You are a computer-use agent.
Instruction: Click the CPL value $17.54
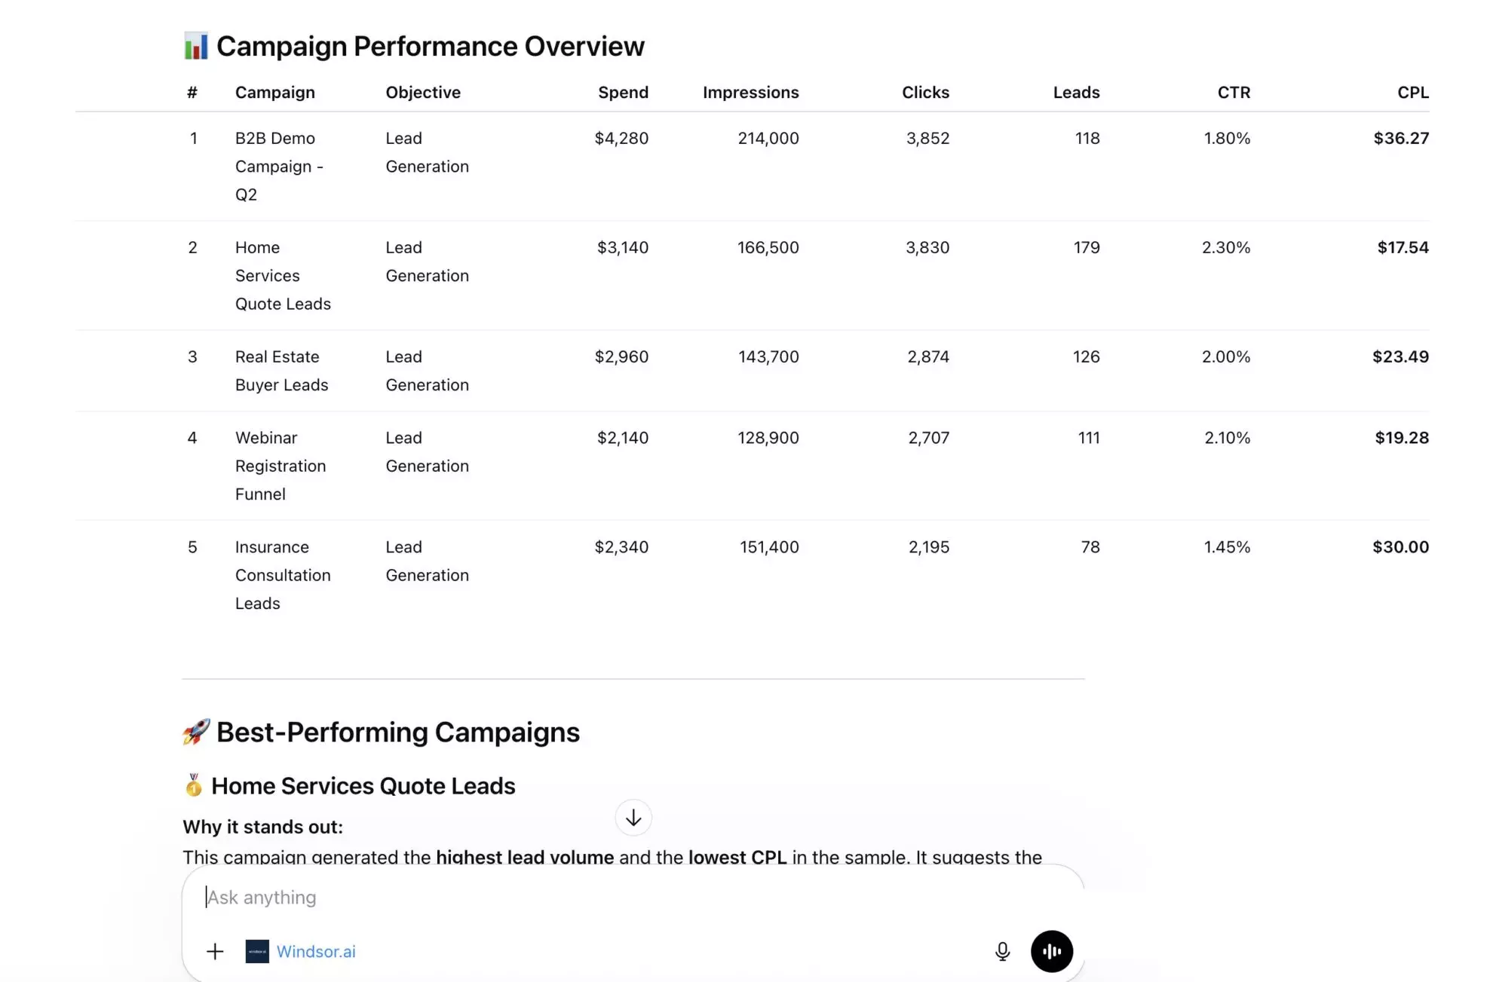pos(1402,247)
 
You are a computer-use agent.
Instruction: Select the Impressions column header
pos(750,92)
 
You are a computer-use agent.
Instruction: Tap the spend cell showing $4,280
pos(621,138)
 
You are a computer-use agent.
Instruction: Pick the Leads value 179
pos(1086,247)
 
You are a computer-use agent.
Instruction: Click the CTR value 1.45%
pos(1226,546)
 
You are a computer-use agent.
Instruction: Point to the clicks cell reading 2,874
pos(927,356)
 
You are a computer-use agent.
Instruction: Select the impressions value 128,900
pos(768,437)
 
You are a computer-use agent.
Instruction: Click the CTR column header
pos(1233,92)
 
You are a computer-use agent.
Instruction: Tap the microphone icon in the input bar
pos(1002,951)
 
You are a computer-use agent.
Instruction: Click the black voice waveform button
pos(1051,951)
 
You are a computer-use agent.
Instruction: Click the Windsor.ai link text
pos(315,951)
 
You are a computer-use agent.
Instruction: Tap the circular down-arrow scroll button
pos(633,818)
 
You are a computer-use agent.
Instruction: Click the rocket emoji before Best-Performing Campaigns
pos(196,732)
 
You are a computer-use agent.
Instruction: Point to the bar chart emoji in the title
pos(196,46)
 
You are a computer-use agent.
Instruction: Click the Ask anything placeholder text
pos(262,897)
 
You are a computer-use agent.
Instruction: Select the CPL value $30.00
pos(1399,546)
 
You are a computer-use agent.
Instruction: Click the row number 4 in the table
pos(192,437)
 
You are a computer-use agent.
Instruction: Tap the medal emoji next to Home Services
pos(194,785)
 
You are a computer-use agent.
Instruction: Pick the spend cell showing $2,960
pos(621,356)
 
